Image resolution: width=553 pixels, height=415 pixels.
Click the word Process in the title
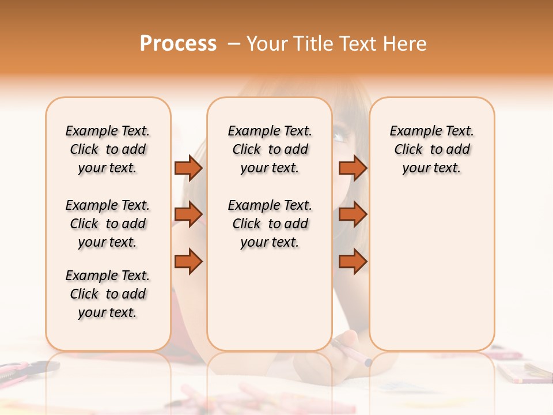coord(178,44)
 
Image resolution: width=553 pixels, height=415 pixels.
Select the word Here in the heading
coord(403,44)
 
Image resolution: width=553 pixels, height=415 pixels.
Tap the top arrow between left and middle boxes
coord(188,168)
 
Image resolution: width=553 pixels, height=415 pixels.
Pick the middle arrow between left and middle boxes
coord(188,214)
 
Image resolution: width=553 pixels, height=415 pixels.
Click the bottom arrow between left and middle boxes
coord(188,261)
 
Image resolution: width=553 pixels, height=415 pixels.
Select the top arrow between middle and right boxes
coord(353,168)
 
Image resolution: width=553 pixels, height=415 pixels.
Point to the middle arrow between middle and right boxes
coord(353,214)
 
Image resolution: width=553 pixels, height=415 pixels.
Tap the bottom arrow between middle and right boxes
coord(353,261)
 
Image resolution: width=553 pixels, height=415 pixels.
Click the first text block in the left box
coord(108,149)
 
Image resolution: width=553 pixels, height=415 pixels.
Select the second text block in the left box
coord(108,224)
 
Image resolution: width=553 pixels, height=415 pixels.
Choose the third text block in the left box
coord(108,294)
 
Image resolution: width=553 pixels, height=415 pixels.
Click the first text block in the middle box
coord(270,149)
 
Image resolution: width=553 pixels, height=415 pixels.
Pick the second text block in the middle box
coord(270,224)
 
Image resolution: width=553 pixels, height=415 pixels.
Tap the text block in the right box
coord(431,149)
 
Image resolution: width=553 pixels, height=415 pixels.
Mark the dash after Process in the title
coord(233,44)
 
